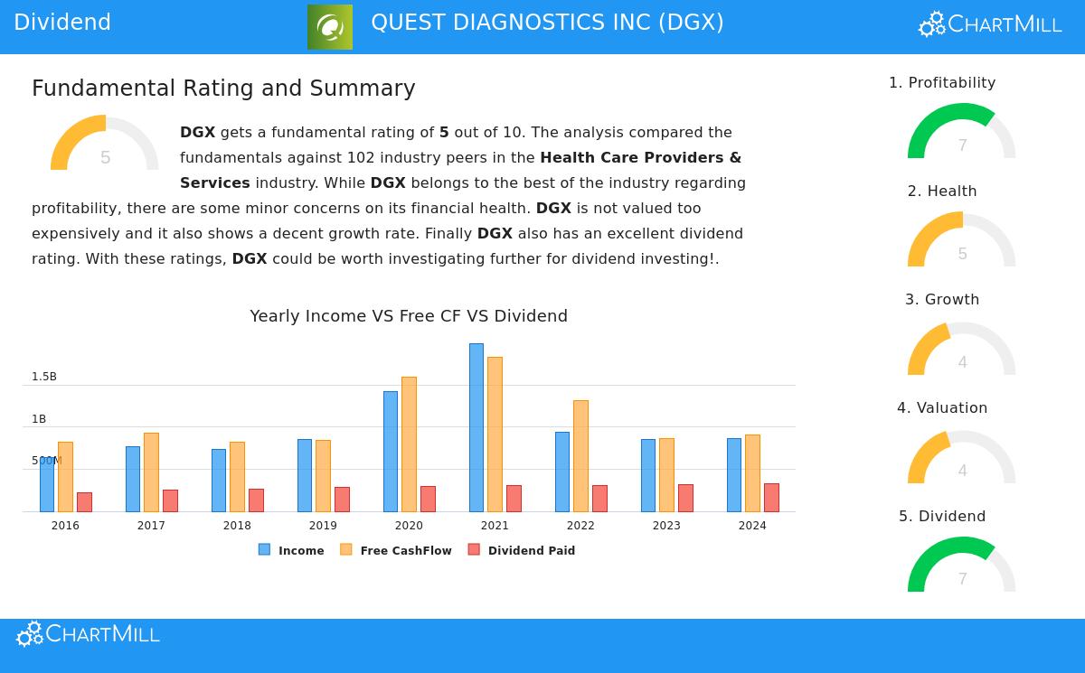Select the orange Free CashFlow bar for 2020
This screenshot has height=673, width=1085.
point(409,444)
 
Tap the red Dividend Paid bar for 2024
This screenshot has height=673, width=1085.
point(771,498)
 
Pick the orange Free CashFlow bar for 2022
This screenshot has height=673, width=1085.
point(580,455)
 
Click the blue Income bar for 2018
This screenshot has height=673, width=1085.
point(218,480)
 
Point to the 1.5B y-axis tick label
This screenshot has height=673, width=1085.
point(44,377)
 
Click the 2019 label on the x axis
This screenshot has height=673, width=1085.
point(323,526)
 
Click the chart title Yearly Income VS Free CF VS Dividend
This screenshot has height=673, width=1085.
point(409,316)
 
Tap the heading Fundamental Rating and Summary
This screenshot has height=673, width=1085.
point(223,89)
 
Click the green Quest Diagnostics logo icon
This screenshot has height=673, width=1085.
point(330,27)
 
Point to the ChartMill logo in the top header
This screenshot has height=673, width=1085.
point(990,24)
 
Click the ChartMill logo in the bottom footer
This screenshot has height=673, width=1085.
point(88,634)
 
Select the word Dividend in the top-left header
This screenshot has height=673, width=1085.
point(62,23)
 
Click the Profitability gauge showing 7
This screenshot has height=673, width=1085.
point(962,133)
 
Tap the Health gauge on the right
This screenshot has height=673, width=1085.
point(962,241)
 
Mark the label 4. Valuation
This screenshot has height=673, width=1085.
point(942,408)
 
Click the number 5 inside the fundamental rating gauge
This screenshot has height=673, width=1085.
point(105,158)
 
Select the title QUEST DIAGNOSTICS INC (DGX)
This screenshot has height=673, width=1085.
point(547,23)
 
